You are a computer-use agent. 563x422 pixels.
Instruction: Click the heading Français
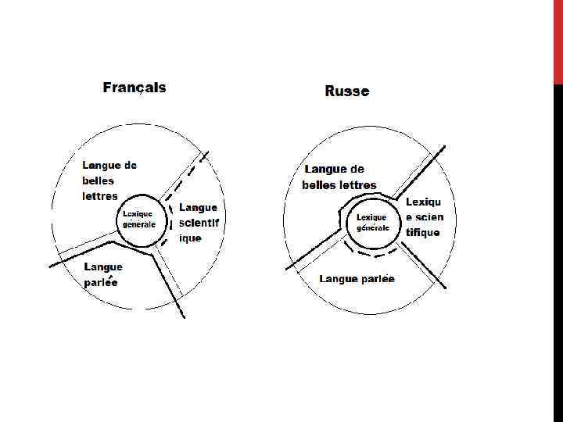click(x=134, y=88)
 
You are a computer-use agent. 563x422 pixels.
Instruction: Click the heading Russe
click(x=346, y=91)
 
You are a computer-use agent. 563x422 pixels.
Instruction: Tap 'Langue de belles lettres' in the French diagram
click(x=109, y=181)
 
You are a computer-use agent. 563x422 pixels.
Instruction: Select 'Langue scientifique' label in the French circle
click(x=199, y=223)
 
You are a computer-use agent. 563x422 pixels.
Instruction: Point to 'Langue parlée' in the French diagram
click(x=103, y=274)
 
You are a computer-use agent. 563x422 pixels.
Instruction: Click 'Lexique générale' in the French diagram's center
click(x=139, y=219)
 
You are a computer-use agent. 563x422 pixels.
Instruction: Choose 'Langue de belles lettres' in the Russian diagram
click(x=339, y=177)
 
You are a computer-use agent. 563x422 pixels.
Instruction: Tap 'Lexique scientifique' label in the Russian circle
click(x=424, y=217)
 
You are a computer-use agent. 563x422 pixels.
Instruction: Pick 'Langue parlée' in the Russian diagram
click(x=357, y=279)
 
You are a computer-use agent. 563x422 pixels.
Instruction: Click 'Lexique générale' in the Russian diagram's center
click(x=372, y=223)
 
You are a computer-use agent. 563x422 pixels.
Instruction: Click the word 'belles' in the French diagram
click(x=99, y=181)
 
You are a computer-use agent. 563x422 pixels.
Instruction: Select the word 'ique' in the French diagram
click(x=190, y=238)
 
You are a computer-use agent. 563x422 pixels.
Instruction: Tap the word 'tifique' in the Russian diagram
click(x=422, y=232)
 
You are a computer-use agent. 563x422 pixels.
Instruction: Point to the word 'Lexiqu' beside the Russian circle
click(x=423, y=202)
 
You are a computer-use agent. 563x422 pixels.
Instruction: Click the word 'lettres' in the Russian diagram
click(x=357, y=185)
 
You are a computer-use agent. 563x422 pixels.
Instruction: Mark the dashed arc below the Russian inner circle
click(x=372, y=252)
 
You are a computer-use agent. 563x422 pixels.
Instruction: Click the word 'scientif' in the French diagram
click(x=199, y=223)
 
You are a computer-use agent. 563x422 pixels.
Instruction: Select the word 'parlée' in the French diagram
click(x=101, y=282)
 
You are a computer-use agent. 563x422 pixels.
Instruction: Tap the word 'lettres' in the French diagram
click(x=100, y=195)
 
